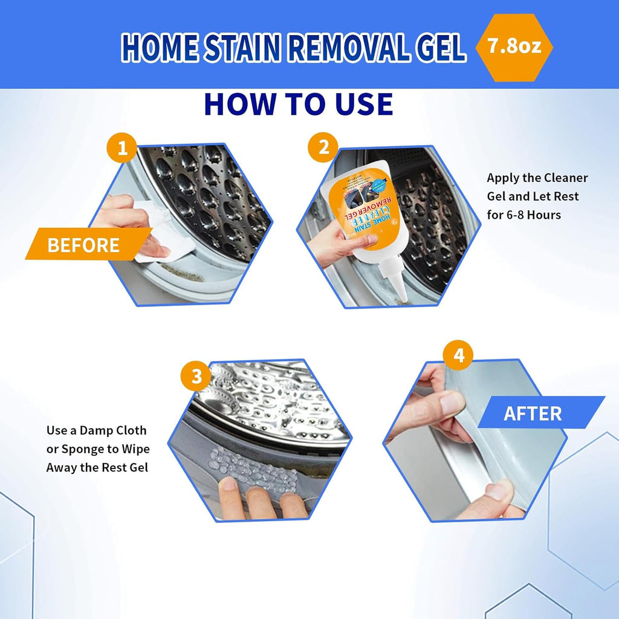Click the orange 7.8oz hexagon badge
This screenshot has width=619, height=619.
coord(513,48)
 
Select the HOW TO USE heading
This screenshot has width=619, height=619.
coord(299,104)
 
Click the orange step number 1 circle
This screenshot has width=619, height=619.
coord(123,147)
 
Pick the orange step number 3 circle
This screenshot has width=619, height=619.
coord(196,377)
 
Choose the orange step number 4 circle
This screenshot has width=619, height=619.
coord(459,356)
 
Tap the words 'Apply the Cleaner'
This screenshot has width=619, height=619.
coord(537,178)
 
